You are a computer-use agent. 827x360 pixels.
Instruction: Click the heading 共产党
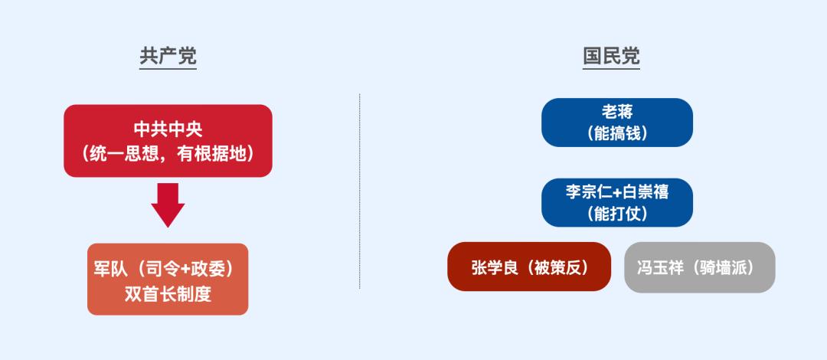168,57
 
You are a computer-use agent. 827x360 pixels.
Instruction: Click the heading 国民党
611,57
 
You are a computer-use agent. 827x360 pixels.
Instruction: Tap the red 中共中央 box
168,140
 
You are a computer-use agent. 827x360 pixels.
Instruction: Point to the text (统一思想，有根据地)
168,153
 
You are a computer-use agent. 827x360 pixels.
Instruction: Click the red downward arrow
168,205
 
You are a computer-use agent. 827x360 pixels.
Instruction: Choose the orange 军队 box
168,279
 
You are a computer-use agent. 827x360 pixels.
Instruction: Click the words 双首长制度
168,293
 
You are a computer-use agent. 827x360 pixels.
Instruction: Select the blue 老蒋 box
616,122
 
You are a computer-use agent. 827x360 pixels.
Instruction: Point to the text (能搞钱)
616,133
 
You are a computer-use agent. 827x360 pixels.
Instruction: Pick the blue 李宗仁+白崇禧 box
616,202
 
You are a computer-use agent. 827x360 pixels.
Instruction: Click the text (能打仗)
616,214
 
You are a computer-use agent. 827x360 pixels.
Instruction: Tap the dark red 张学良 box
529,267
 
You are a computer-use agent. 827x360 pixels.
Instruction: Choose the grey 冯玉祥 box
699,267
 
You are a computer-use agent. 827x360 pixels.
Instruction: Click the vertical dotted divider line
360,191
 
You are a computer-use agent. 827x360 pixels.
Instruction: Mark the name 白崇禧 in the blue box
646,191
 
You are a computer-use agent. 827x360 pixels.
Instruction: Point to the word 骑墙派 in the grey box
725,267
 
